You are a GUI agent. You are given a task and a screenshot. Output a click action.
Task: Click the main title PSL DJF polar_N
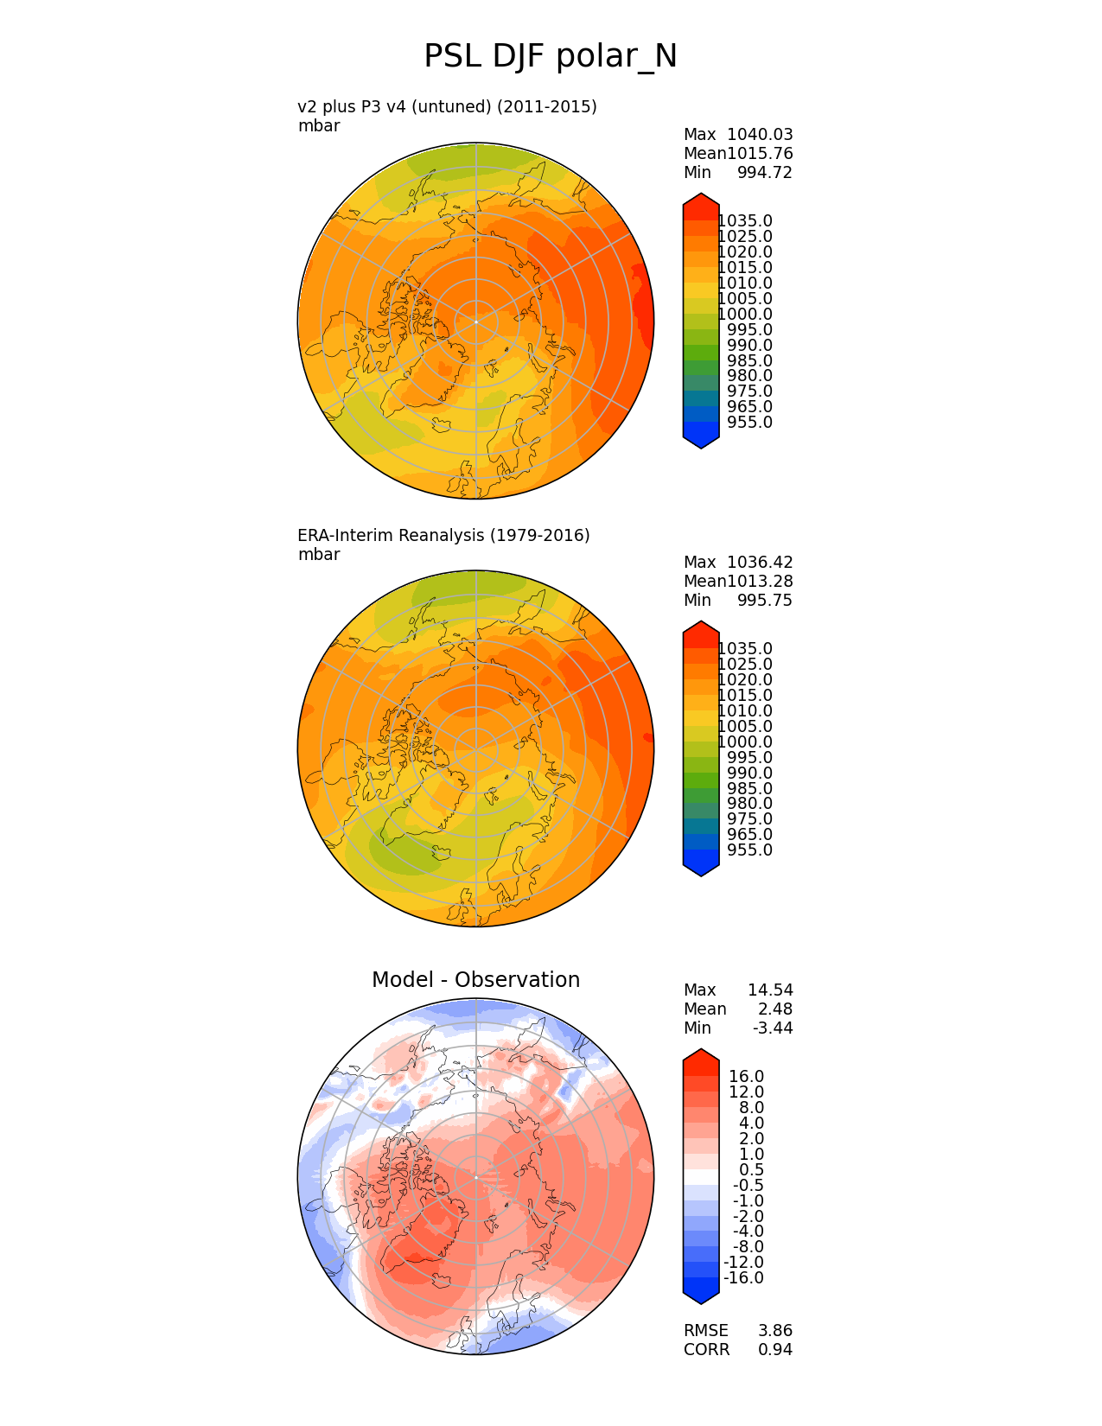(x=550, y=57)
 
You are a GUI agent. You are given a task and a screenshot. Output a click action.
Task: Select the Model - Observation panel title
(x=475, y=980)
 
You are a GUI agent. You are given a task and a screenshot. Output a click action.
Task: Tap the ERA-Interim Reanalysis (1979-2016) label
(x=443, y=536)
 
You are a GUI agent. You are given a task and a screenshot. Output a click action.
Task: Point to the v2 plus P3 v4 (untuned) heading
(x=447, y=107)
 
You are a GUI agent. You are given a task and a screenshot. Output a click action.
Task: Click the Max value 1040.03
(x=760, y=135)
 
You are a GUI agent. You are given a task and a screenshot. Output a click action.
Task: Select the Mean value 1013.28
(x=760, y=582)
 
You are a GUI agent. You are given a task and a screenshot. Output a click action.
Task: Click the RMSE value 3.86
(x=774, y=1331)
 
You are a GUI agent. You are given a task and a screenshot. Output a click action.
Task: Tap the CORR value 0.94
(x=774, y=1350)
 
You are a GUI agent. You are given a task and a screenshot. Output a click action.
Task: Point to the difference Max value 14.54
(x=769, y=990)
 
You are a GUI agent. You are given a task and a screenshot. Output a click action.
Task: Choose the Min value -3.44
(x=772, y=1028)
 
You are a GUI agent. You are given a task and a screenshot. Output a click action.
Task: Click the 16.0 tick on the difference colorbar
(x=746, y=1077)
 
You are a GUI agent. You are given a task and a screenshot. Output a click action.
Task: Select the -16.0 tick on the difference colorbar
(x=743, y=1278)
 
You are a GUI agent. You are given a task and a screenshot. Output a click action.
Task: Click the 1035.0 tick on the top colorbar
(x=745, y=221)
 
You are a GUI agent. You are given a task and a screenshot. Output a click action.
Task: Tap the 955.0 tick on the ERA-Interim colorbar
(x=749, y=850)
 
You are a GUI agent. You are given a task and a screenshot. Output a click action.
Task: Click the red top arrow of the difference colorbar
(x=701, y=1056)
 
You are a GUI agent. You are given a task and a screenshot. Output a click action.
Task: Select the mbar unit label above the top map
(x=319, y=126)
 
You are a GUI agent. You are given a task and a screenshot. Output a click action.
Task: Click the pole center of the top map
(x=475, y=321)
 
